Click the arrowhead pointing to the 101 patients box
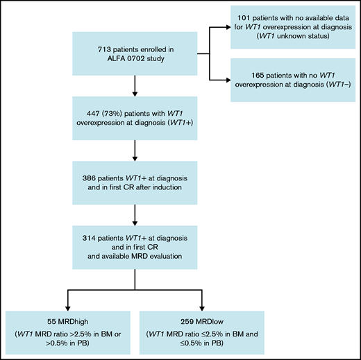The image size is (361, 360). pos(228,28)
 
